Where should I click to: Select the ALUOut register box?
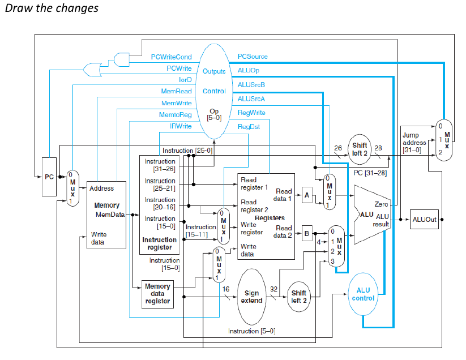click(x=424, y=219)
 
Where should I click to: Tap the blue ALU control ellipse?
click(x=363, y=294)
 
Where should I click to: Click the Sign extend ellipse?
click(x=251, y=297)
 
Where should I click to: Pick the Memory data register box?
click(x=157, y=294)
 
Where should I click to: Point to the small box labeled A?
click(x=306, y=194)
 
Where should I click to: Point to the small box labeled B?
click(x=306, y=232)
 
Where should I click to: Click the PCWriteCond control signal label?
click(x=171, y=57)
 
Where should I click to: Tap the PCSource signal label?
click(x=253, y=57)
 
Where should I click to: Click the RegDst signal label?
click(x=249, y=127)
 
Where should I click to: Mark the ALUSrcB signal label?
click(x=251, y=85)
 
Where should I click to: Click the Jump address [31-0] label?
click(x=413, y=143)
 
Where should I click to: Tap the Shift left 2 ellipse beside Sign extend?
click(x=300, y=297)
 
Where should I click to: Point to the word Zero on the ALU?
click(x=381, y=204)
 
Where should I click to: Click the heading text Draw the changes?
click(x=51, y=8)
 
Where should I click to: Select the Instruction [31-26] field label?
click(x=160, y=165)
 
